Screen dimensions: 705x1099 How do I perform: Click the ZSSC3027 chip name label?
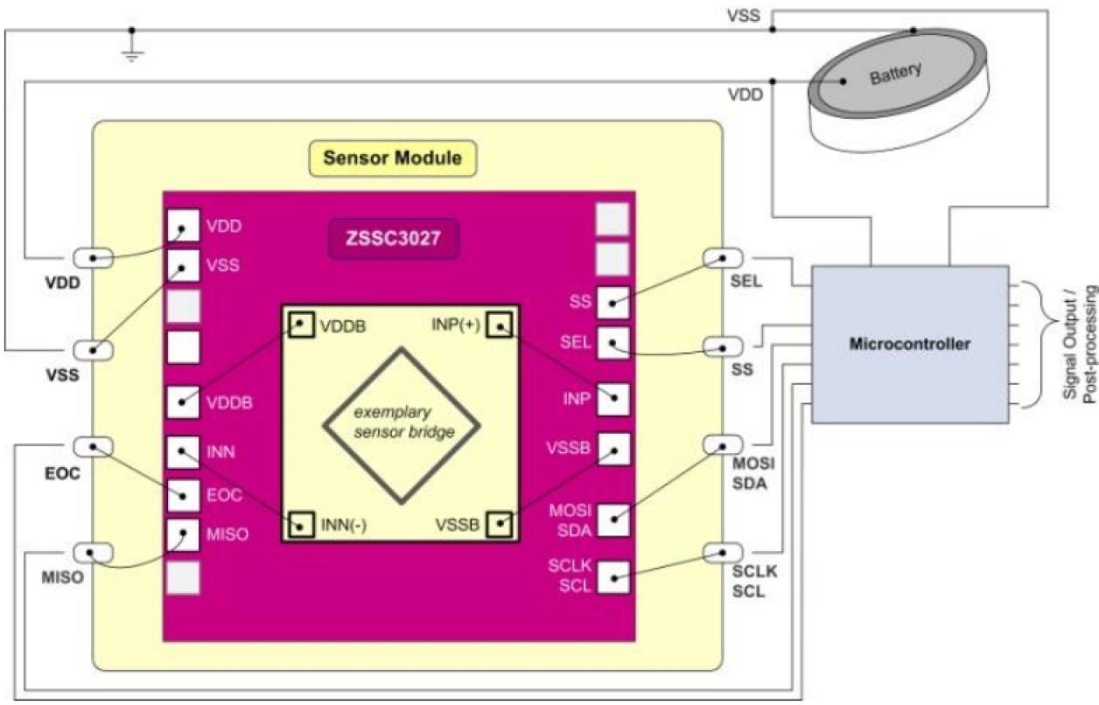coord(393,238)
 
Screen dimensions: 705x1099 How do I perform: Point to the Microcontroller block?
coord(910,344)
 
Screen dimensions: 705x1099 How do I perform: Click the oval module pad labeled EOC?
coord(93,447)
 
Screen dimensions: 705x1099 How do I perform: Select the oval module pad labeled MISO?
coord(93,553)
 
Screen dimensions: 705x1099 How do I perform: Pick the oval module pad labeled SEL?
coord(724,258)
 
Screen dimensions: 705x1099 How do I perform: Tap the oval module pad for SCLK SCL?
coord(724,553)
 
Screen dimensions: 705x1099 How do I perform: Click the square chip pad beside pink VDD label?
coord(182,227)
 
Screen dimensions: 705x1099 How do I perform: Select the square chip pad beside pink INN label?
coord(182,452)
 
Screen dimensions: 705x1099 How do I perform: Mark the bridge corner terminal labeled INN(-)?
coord(302,525)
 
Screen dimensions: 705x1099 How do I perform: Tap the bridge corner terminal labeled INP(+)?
coord(500,325)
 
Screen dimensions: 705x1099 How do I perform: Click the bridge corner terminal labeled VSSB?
coord(500,525)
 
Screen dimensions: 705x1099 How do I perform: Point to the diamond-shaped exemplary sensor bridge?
coord(402,425)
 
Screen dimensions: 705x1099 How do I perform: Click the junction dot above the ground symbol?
coord(132,29)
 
